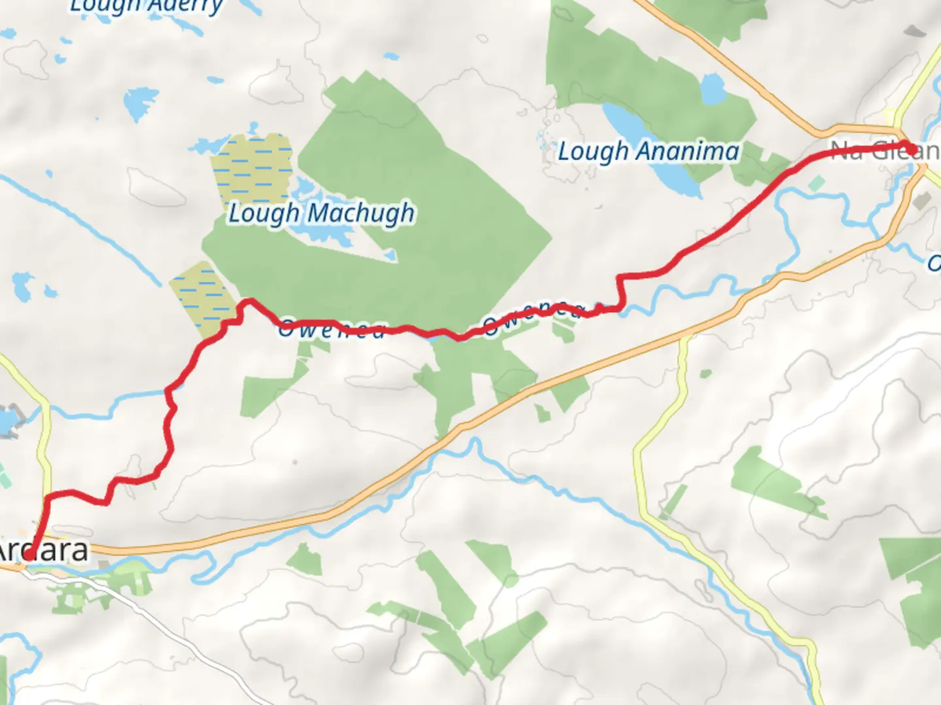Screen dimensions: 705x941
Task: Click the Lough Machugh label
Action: [321, 213]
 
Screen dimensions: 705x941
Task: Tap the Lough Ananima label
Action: [648, 151]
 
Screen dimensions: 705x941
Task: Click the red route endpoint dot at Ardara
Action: [30, 556]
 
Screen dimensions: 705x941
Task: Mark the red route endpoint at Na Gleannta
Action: [909, 148]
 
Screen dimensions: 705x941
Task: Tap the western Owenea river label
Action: [331, 330]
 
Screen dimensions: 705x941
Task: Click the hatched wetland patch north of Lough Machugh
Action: [252, 166]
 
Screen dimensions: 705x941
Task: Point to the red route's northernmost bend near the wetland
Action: [249, 301]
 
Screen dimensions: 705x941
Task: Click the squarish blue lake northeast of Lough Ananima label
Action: [712, 89]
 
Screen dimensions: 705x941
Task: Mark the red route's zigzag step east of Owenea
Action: [619, 290]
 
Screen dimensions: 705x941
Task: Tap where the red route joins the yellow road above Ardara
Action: [47, 499]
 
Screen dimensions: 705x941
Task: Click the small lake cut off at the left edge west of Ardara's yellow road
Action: [7, 421]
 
